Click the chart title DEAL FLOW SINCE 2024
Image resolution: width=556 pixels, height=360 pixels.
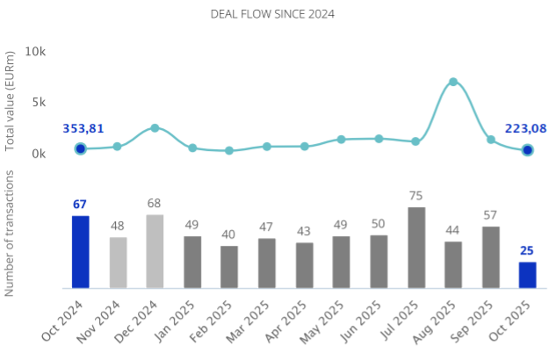[x=272, y=14]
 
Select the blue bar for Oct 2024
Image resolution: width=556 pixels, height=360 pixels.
[x=80, y=252]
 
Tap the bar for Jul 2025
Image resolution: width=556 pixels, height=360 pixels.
[x=416, y=248]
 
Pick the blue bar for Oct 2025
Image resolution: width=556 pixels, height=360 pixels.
[x=527, y=275]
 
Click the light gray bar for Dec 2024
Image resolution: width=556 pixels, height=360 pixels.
[x=155, y=251]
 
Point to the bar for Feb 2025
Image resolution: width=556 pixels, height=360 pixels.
[x=229, y=267]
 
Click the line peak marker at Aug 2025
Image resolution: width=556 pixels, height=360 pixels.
[x=453, y=82]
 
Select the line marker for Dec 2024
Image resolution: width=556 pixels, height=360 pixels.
[x=155, y=128]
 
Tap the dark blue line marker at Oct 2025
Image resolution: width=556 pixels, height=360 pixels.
[x=527, y=150]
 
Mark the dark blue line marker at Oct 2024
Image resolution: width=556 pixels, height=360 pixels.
[x=80, y=149]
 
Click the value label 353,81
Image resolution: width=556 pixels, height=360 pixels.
[x=83, y=129]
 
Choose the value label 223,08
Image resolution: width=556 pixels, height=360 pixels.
[x=525, y=129]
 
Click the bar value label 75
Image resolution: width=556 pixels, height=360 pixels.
[x=416, y=196]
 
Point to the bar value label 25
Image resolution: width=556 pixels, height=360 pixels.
[x=527, y=250]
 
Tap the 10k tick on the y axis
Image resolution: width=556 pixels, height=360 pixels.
[x=35, y=52]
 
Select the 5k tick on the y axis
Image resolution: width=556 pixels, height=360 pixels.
[x=39, y=102]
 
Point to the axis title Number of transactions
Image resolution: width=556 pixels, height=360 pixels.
[x=11, y=233]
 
